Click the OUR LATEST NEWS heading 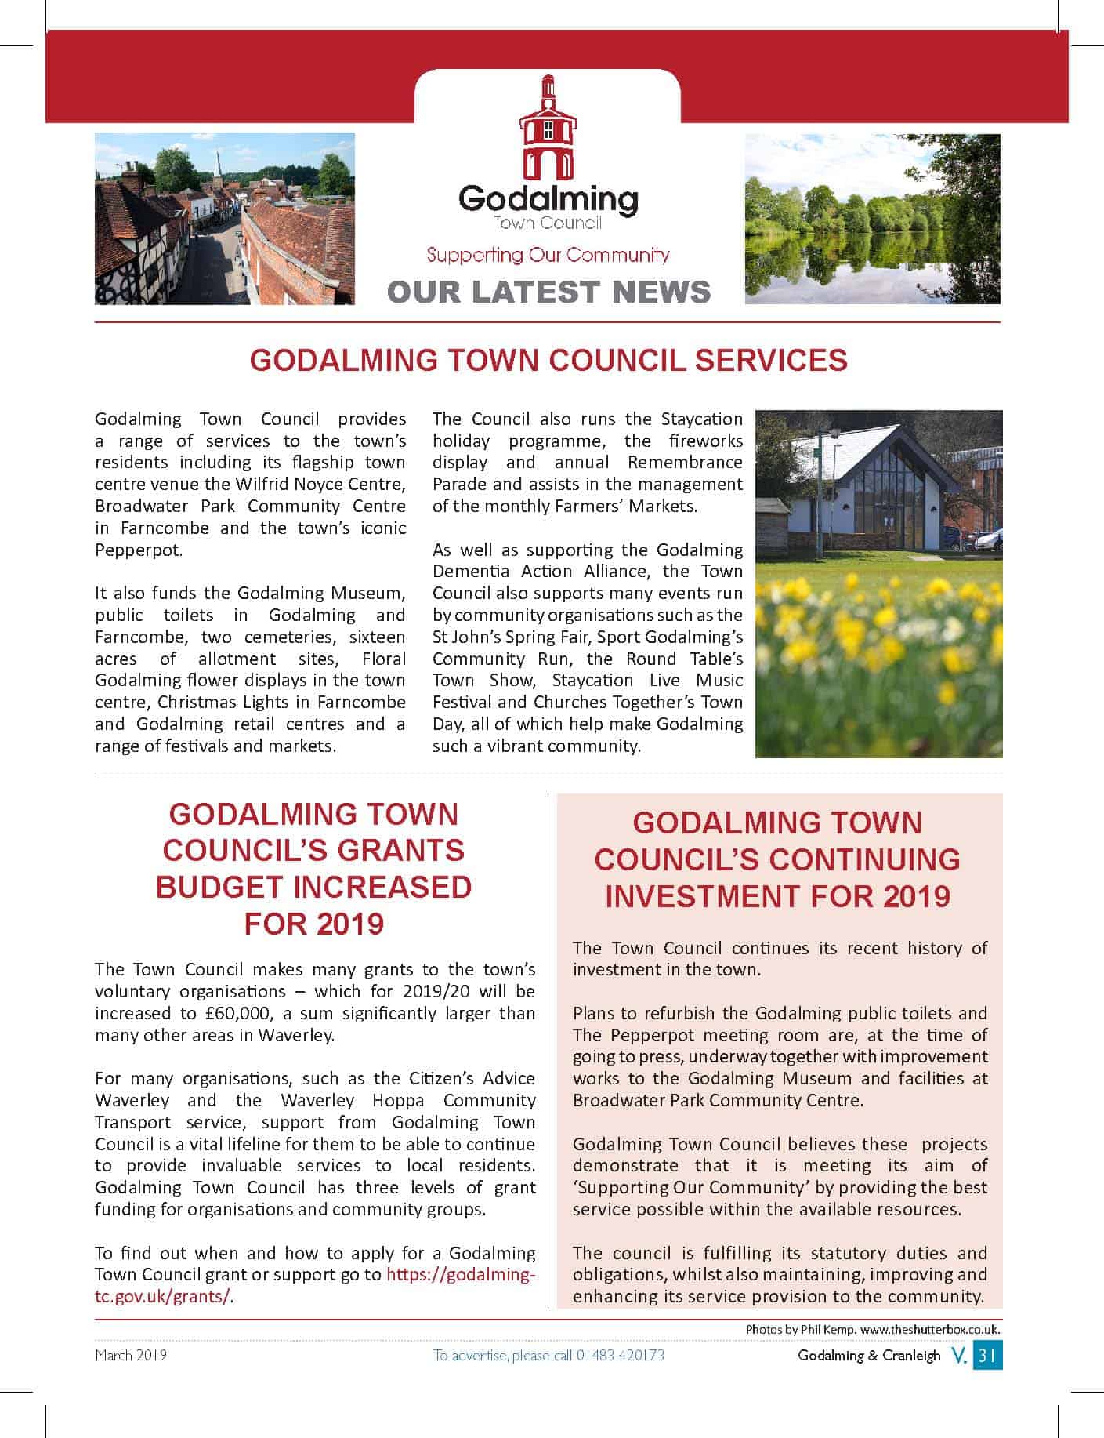click(x=548, y=291)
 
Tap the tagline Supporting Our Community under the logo click(x=548, y=255)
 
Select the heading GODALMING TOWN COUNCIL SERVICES click(x=548, y=360)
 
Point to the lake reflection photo click(x=872, y=219)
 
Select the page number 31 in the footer click(x=987, y=1356)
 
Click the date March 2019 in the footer click(x=131, y=1356)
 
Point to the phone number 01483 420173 click(x=620, y=1356)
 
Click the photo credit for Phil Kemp click(x=872, y=1330)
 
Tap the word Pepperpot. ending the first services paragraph click(x=139, y=550)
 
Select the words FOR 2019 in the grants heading click(x=313, y=923)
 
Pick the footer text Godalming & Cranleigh click(x=868, y=1356)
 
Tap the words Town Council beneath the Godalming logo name click(x=548, y=223)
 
